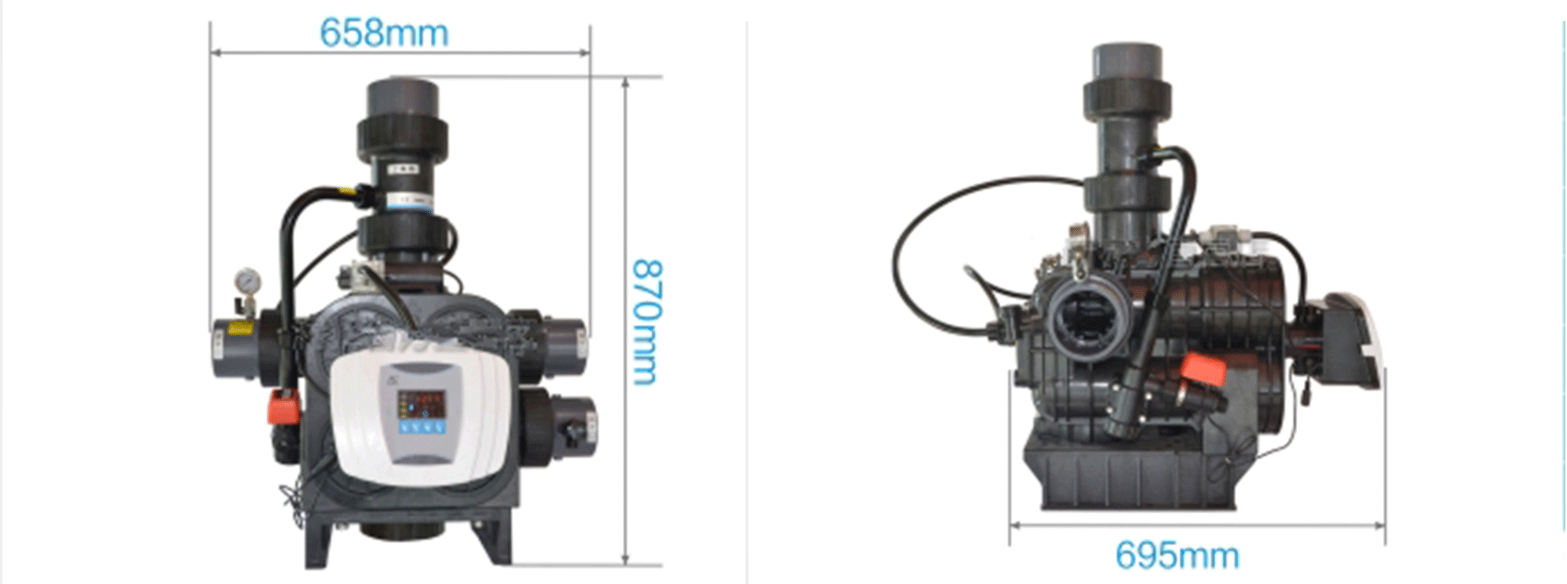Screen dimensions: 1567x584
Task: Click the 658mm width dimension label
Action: pos(384,33)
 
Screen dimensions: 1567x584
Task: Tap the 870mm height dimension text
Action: pos(647,322)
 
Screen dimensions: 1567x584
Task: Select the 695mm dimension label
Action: pos(1177,556)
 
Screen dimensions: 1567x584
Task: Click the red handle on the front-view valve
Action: pos(285,406)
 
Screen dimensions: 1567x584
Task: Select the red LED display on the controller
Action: pos(423,404)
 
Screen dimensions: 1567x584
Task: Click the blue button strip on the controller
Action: pos(422,427)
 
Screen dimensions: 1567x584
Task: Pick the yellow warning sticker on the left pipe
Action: pos(241,327)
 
